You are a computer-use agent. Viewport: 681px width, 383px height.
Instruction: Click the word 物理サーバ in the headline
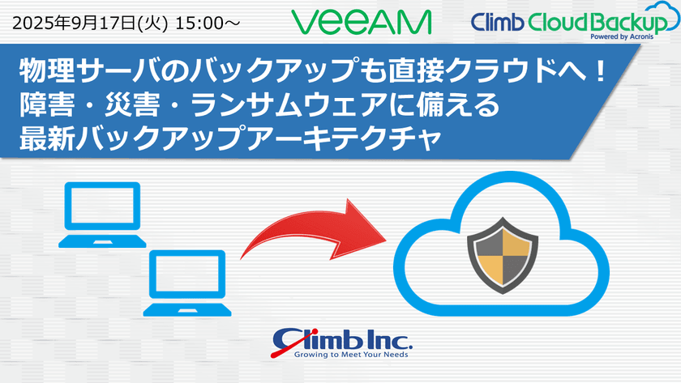[70, 71]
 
